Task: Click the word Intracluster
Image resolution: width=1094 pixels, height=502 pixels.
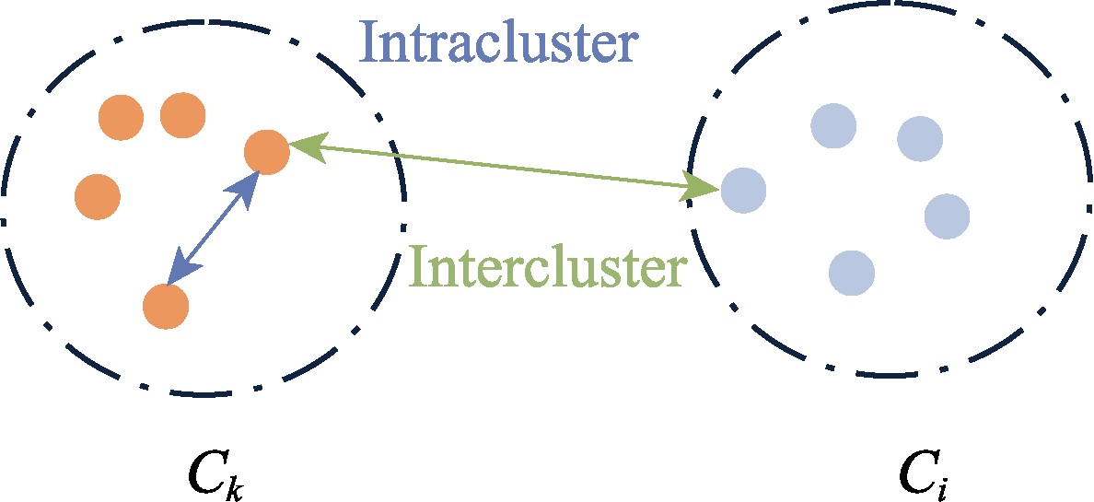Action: pyautogui.click(x=497, y=42)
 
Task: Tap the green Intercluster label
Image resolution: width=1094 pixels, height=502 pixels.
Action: pyautogui.click(x=548, y=267)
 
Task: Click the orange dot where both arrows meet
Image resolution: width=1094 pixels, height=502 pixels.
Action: pyautogui.click(x=267, y=152)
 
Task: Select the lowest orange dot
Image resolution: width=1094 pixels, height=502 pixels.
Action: pyautogui.click(x=167, y=306)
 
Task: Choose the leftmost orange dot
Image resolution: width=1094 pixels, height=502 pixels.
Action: pyautogui.click(x=97, y=196)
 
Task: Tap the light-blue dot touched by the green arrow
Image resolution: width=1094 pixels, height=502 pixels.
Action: pyautogui.click(x=742, y=191)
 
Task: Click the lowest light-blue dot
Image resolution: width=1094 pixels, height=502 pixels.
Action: pyautogui.click(x=851, y=273)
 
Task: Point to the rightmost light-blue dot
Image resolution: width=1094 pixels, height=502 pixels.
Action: pyautogui.click(x=947, y=216)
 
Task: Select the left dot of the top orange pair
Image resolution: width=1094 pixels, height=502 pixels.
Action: pyautogui.click(x=122, y=117)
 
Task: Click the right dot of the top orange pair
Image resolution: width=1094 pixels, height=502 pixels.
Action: pyautogui.click(x=182, y=115)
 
